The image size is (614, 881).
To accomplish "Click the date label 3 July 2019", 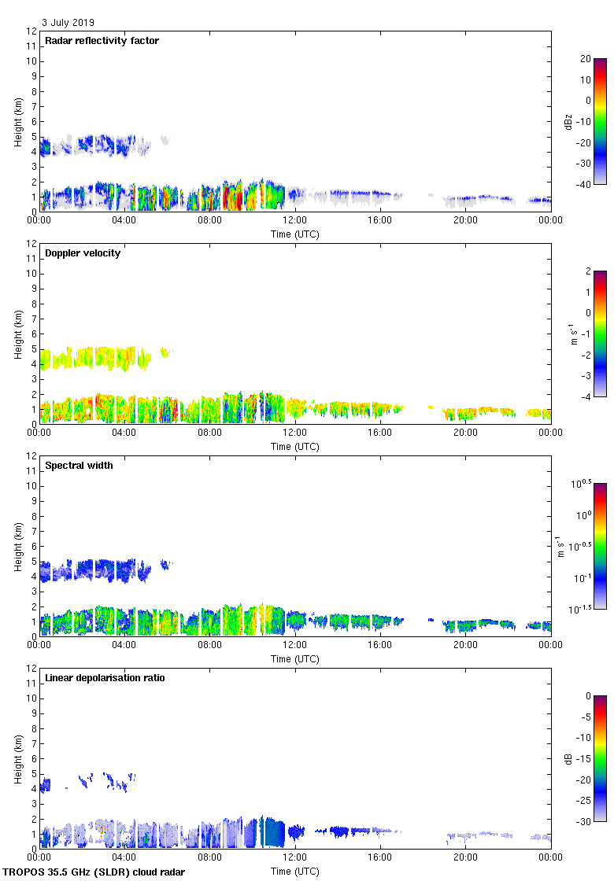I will click(x=68, y=23).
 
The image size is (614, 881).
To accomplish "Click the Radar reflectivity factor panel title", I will click(x=102, y=41).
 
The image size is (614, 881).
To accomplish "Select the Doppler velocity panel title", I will click(x=83, y=253).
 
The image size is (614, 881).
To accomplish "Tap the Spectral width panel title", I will click(x=79, y=466).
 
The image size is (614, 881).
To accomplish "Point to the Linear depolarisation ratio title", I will click(x=105, y=678).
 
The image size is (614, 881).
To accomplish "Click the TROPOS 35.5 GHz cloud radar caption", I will click(x=94, y=872).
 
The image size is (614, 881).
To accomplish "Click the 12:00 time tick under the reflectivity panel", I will click(x=295, y=221).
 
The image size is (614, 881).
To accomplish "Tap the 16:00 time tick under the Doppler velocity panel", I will click(x=380, y=433).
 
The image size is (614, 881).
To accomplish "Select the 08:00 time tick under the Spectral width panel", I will click(x=209, y=646).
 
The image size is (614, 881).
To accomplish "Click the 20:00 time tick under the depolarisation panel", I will click(x=465, y=858).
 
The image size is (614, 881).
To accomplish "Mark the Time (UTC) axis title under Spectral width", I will click(x=295, y=658).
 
